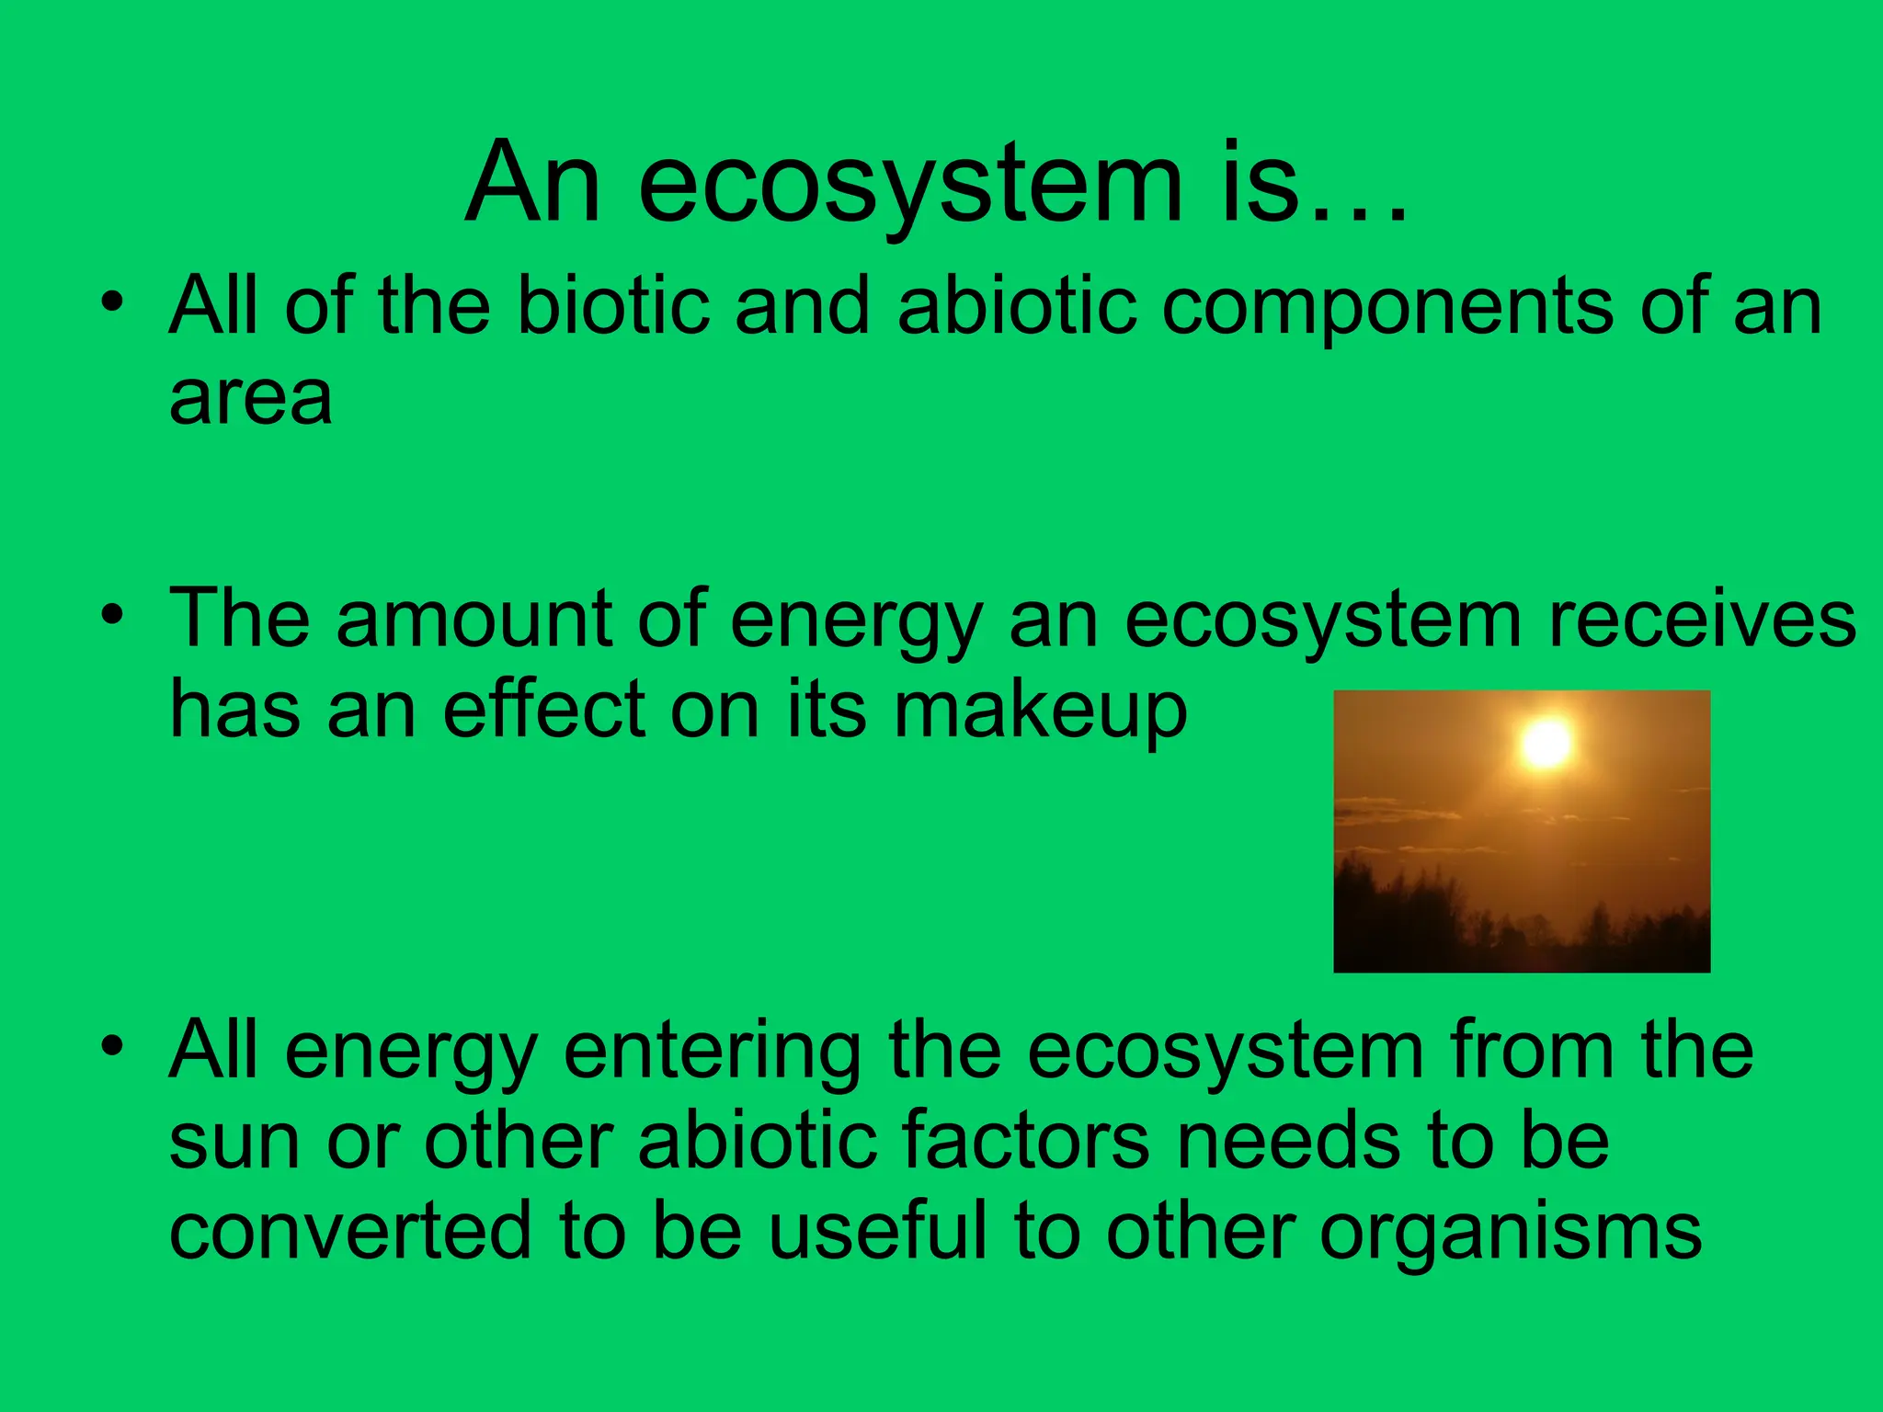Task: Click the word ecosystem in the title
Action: (910, 184)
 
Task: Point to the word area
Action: (250, 400)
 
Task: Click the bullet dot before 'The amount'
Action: (112, 613)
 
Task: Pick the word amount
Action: (474, 619)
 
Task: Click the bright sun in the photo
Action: (1546, 743)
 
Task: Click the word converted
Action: (349, 1230)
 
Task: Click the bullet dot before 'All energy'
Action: (112, 1045)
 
